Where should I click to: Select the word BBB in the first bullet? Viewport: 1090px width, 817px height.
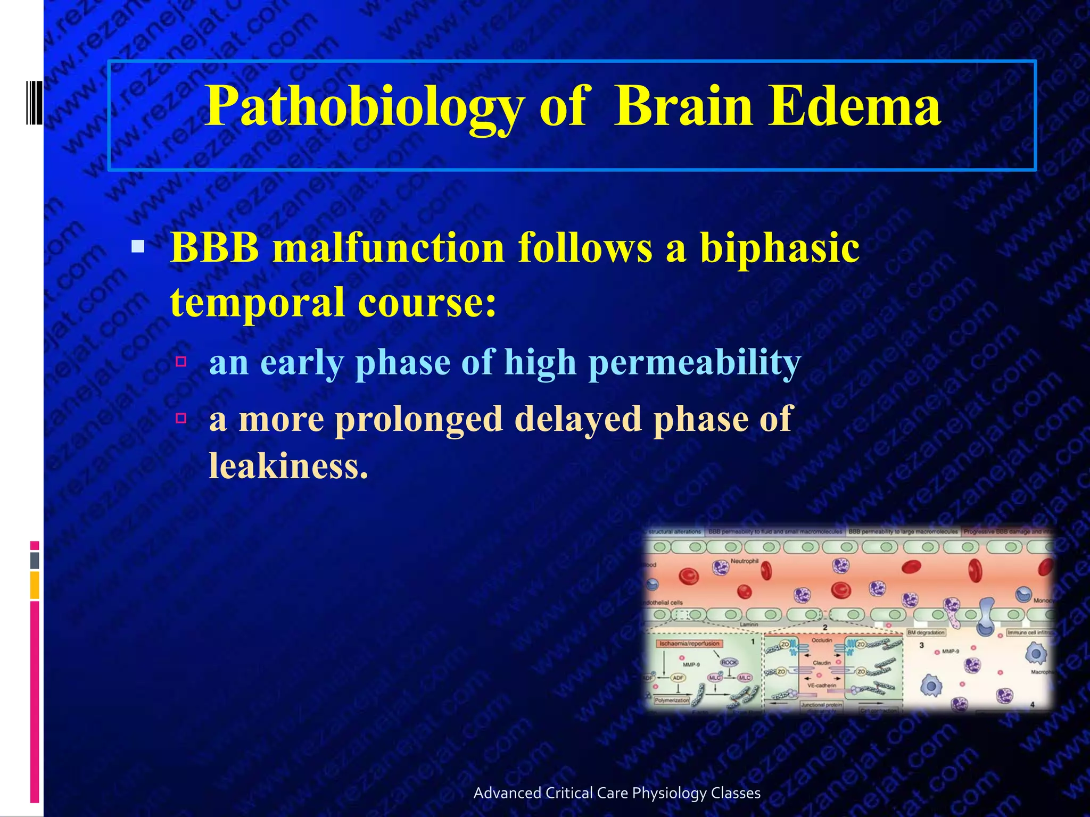tap(214, 248)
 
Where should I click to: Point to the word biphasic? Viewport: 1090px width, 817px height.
tap(779, 248)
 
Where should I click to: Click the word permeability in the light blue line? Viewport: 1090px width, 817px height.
tap(695, 363)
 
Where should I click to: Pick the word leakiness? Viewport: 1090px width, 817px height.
tap(288, 466)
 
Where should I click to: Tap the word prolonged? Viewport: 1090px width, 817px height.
tap(419, 419)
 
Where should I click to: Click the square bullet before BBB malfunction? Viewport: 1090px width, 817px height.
tap(138, 246)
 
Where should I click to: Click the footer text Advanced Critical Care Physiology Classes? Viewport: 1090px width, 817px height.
tap(617, 793)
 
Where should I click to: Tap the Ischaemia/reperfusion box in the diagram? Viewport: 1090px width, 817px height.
tap(689, 644)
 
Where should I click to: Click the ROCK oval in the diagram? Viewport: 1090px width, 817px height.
tap(729, 662)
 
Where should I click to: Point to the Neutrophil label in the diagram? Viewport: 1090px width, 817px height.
tap(744, 561)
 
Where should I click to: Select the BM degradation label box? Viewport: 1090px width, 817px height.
tap(926, 632)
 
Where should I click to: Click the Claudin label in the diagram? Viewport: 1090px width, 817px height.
tap(822, 663)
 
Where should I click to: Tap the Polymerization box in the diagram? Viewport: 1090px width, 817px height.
tap(672, 700)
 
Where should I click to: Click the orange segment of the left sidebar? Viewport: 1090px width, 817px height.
tap(35, 585)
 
